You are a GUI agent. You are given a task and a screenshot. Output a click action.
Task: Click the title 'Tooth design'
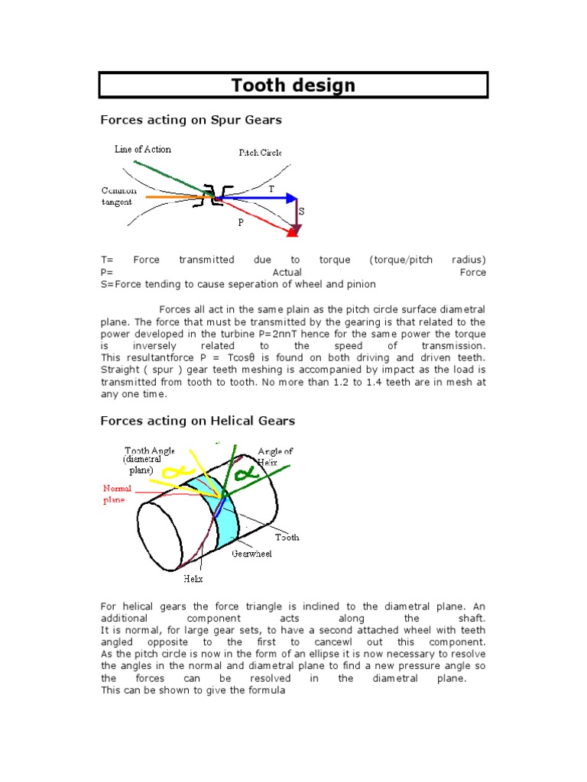click(x=293, y=85)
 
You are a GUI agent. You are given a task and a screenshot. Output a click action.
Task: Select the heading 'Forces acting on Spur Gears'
click(x=191, y=120)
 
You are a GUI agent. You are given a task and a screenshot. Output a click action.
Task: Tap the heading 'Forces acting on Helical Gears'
click(x=198, y=421)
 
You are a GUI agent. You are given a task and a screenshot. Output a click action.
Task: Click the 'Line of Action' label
click(x=143, y=149)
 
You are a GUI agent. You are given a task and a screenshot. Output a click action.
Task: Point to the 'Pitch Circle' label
click(x=260, y=153)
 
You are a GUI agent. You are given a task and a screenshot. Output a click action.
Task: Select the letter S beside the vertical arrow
click(x=301, y=211)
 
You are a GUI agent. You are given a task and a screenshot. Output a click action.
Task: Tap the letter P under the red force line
click(x=241, y=223)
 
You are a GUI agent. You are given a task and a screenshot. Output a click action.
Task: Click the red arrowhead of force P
click(x=292, y=230)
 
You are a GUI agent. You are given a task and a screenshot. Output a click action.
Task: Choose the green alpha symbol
click(x=248, y=475)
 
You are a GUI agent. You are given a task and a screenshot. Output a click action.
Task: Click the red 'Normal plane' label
click(x=118, y=494)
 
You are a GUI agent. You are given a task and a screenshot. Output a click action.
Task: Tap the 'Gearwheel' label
click(x=252, y=553)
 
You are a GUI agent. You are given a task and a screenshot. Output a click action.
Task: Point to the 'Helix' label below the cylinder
click(x=193, y=579)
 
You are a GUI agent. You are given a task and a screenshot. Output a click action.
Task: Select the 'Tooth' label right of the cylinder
click(x=287, y=538)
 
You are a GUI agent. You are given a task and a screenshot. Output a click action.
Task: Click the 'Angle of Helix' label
click(x=275, y=457)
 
